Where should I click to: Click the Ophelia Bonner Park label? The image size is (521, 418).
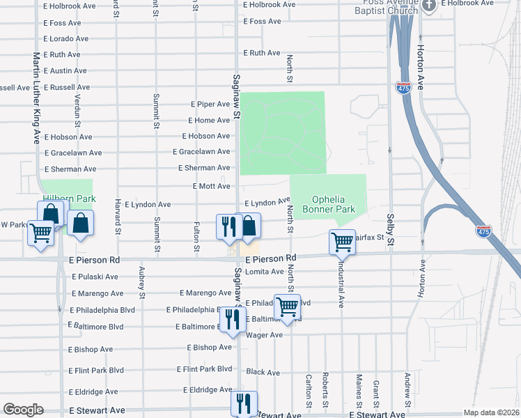(x=329, y=204)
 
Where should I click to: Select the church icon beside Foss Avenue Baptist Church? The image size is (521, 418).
(x=429, y=5)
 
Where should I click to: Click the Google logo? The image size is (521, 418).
(x=23, y=410)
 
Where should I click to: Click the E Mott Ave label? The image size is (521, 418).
(x=211, y=186)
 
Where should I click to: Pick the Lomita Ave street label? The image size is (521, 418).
(x=265, y=272)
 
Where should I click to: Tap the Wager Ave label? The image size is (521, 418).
(x=265, y=335)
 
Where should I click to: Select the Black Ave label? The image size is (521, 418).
(x=263, y=372)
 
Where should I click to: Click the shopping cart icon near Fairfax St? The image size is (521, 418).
(x=342, y=242)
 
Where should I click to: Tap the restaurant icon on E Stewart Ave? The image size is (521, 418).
(x=244, y=403)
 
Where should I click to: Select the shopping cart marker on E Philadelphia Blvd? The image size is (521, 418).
(x=287, y=306)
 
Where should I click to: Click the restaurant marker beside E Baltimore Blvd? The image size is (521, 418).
(x=231, y=319)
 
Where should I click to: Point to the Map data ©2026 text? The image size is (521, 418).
(x=491, y=412)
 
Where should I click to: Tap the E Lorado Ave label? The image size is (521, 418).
(x=66, y=38)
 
